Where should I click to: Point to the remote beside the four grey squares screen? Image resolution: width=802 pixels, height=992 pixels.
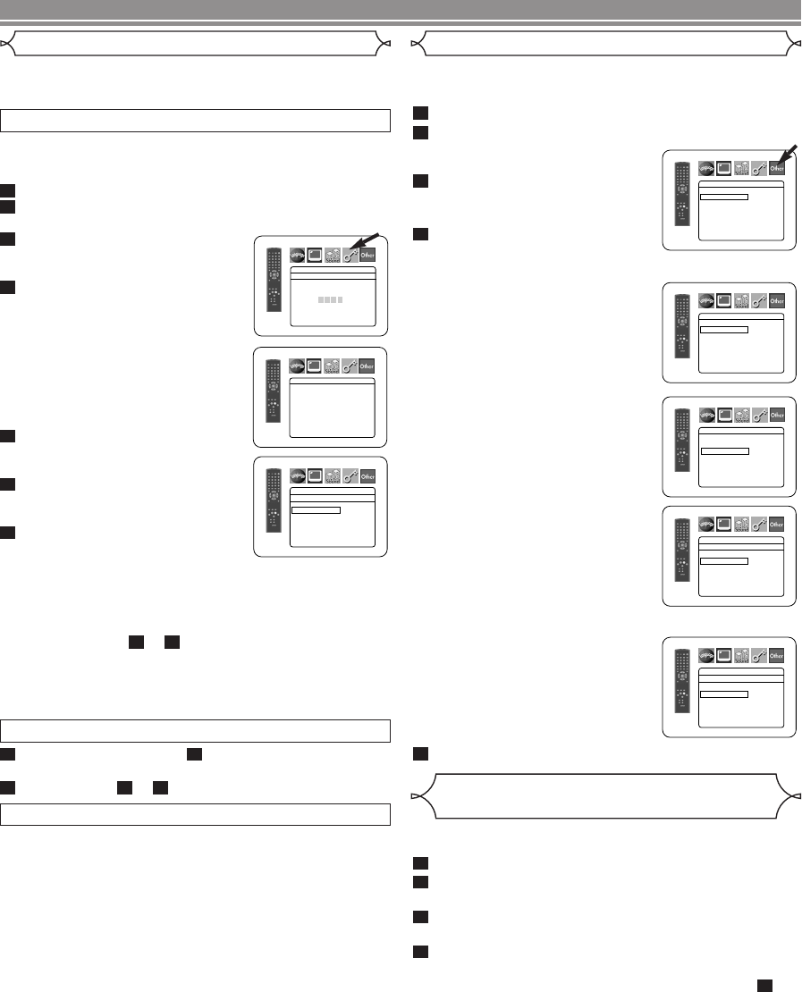271,286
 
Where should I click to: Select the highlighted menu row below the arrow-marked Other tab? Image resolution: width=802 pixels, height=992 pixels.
723,196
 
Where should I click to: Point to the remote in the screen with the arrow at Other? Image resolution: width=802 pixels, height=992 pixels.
680,198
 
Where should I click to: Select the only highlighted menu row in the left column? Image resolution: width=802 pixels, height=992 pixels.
316,510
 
